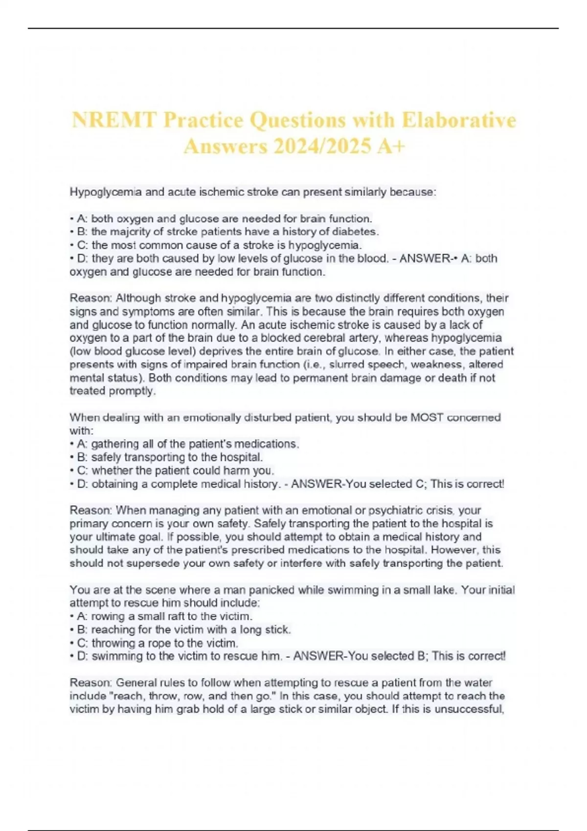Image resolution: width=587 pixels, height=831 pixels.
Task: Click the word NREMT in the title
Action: click(x=114, y=120)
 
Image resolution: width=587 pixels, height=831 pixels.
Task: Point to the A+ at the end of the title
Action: click(x=391, y=146)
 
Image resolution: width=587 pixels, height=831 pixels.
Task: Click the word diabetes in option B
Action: click(x=355, y=232)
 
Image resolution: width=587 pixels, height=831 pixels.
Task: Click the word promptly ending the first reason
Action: click(x=134, y=391)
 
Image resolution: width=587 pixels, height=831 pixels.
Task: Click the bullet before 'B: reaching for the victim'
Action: click(x=72, y=630)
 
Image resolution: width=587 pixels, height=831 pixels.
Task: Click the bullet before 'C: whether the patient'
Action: click(x=72, y=471)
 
